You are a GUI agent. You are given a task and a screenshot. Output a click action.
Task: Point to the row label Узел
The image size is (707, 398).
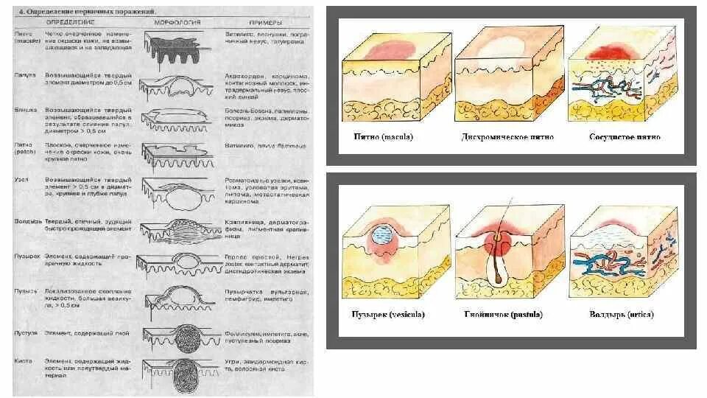tap(21, 180)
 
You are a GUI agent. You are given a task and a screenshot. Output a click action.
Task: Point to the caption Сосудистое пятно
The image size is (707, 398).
tap(625, 137)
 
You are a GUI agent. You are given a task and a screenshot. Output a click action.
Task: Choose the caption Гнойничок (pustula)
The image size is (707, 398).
tap(504, 315)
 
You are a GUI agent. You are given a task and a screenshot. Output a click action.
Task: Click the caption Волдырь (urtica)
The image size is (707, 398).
tap(624, 315)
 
